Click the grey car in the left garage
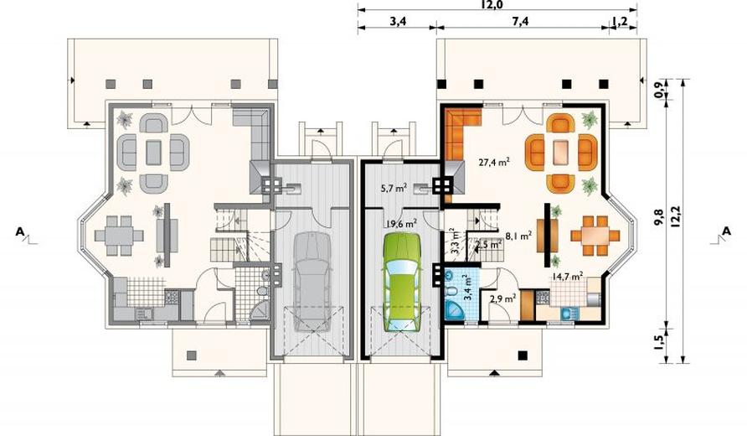pos(312,282)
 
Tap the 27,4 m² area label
pos(494,162)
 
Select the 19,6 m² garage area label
pos(402,223)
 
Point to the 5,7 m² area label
pos(393,189)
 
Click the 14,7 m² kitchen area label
pos(568,276)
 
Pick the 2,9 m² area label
pos(503,299)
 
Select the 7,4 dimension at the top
pos(521,22)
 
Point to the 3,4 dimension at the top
pos(398,22)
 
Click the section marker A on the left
pos(20,231)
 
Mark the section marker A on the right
pos(727,231)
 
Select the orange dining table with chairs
pos(595,235)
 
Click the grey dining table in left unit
pos(119,235)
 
